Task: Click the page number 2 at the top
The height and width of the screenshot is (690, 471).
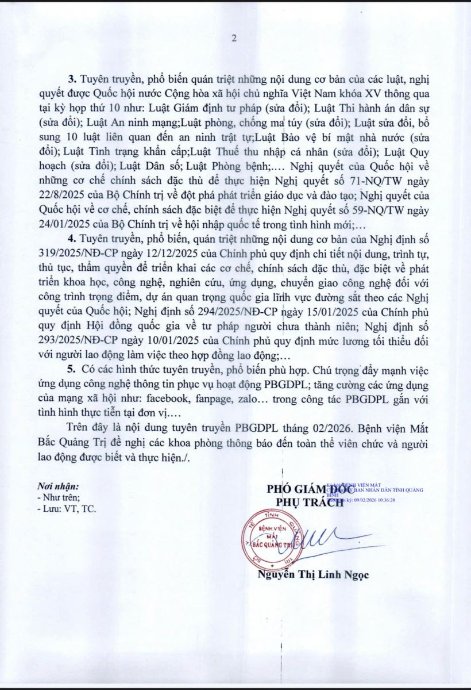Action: (x=234, y=39)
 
